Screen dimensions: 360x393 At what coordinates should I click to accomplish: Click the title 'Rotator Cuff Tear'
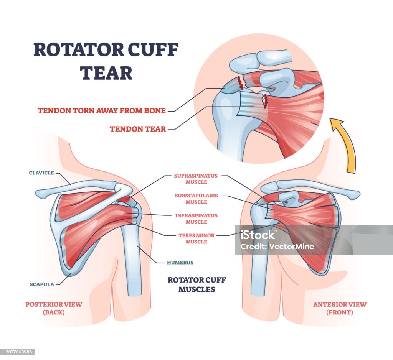(x=106, y=61)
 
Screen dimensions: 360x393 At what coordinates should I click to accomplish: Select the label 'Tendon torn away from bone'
(x=102, y=111)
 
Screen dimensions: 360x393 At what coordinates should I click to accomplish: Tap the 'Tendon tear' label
(x=138, y=129)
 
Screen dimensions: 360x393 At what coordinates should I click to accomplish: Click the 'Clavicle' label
(x=42, y=173)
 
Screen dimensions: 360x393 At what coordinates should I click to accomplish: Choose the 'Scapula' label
(x=42, y=284)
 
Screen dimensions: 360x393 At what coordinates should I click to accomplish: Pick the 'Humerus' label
(x=180, y=263)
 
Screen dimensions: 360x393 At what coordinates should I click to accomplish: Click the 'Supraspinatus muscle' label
(x=196, y=179)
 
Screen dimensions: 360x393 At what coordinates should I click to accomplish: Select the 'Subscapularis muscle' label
(x=196, y=199)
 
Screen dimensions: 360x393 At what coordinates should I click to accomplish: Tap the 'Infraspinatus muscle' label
(x=196, y=219)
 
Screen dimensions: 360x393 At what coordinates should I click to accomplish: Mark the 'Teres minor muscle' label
(x=196, y=238)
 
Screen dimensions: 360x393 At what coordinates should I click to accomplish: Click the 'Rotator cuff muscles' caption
(x=196, y=284)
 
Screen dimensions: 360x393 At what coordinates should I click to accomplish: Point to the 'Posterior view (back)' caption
(x=54, y=308)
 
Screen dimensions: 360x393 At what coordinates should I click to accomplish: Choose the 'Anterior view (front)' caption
(x=340, y=308)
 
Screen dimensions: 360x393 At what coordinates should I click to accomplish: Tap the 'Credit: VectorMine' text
(x=277, y=247)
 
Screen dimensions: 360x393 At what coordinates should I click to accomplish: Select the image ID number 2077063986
(x=18, y=352)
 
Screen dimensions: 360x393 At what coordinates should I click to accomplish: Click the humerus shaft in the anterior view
(x=258, y=268)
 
